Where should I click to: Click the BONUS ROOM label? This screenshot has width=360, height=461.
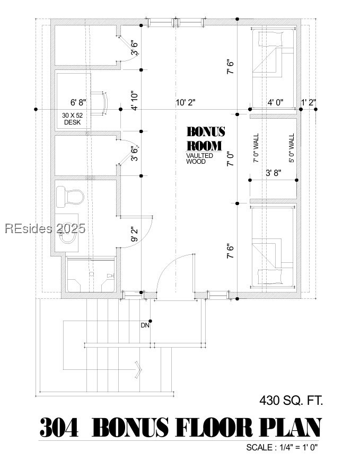(x=206, y=139)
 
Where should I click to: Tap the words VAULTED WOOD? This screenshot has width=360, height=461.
(x=199, y=158)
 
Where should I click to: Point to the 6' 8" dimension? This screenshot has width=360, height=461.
(x=78, y=102)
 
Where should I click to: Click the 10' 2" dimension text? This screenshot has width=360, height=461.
(x=186, y=102)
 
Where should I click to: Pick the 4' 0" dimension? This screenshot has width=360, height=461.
(x=275, y=102)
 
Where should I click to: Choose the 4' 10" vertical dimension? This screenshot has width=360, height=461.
(x=136, y=101)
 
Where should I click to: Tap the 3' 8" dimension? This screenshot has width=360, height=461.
(x=273, y=172)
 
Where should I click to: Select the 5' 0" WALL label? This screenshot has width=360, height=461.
(x=291, y=148)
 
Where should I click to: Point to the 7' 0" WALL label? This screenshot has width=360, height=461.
(x=256, y=148)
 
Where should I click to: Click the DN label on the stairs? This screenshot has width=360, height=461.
(x=145, y=325)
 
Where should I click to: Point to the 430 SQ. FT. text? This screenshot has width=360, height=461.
(x=291, y=400)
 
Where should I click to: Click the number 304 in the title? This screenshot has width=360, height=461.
(x=59, y=428)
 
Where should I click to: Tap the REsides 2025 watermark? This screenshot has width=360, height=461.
(x=45, y=229)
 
